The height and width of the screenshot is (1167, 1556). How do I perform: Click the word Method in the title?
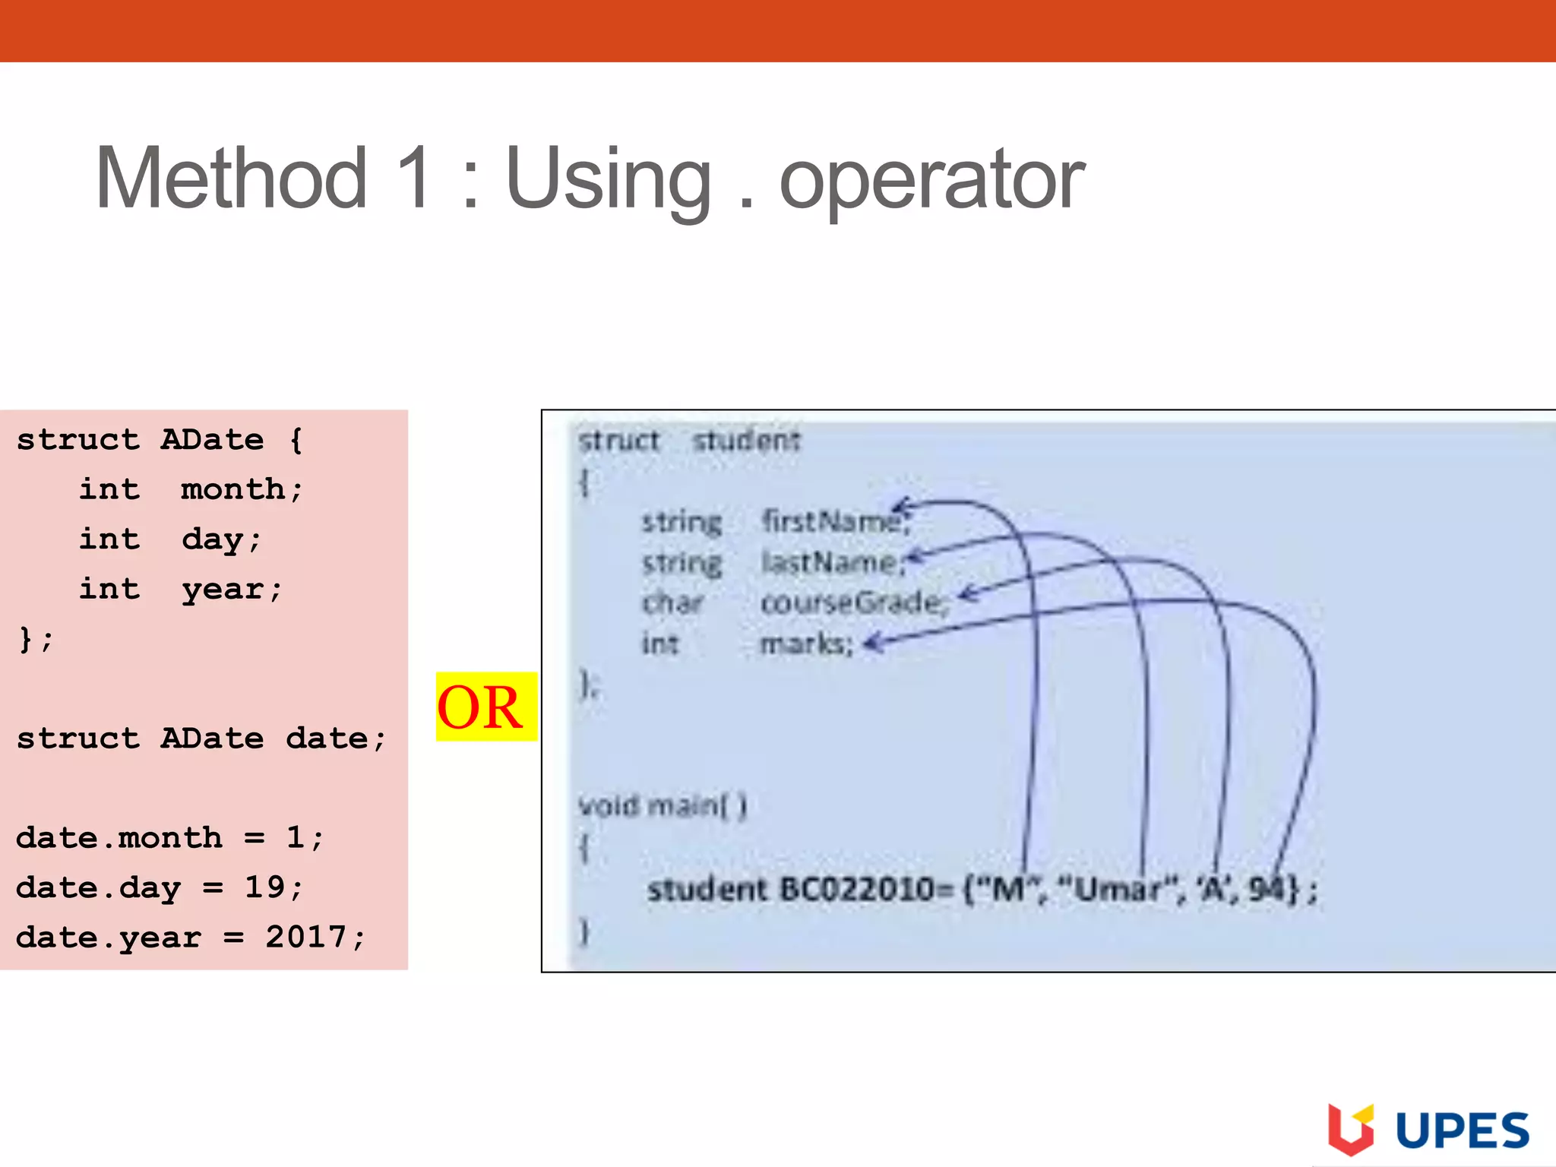pyautogui.click(x=232, y=179)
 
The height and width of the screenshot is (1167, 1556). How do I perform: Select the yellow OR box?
pyautogui.click(x=486, y=707)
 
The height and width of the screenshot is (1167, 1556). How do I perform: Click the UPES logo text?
pyautogui.click(x=1462, y=1131)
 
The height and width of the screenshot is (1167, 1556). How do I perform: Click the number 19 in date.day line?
pyautogui.click(x=264, y=887)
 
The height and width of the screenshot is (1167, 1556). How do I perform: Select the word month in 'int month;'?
pyautogui.click(x=232, y=489)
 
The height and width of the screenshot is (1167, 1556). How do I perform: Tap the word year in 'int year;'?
pyautogui.click(x=223, y=589)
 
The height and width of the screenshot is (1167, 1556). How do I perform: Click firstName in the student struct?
pyautogui.click(x=832, y=522)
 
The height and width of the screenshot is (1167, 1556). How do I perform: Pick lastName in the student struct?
pyautogui.click(x=830, y=563)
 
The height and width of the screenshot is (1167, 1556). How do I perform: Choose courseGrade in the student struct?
pyautogui.click(x=852, y=603)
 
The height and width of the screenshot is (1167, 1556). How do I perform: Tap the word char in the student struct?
pyautogui.click(x=672, y=603)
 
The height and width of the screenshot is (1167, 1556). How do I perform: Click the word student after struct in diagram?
pyautogui.click(x=746, y=441)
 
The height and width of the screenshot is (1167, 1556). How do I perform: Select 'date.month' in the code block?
pyautogui.click(x=119, y=838)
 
